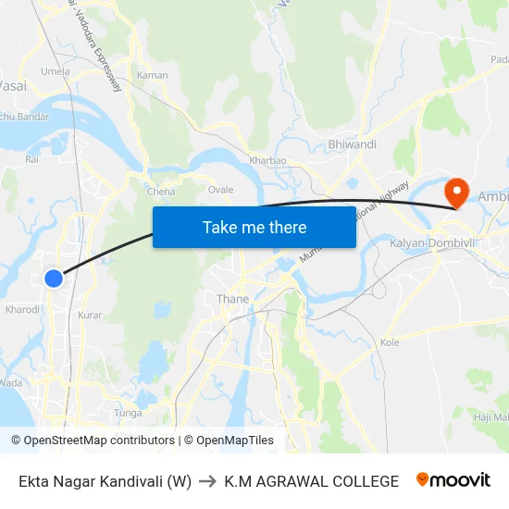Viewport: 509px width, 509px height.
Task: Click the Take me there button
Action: point(254,227)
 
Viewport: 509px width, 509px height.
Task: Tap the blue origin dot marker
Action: point(54,278)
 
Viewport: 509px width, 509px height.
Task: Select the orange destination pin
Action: point(456,192)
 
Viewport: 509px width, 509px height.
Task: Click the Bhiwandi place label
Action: point(353,144)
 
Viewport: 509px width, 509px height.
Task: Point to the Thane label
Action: point(232,299)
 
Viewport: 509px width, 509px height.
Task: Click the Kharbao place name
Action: point(267,160)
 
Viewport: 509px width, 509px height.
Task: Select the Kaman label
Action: point(152,75)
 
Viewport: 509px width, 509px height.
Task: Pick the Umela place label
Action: point(56,71)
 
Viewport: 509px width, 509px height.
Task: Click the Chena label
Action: point(161,192)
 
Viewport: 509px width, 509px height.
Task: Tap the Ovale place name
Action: point(220,189)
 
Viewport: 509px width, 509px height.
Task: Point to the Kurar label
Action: point(91,316)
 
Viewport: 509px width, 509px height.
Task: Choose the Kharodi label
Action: point(22,310)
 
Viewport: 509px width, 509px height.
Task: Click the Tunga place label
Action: point(127,413)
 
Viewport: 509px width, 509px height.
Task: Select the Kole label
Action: point(390,342)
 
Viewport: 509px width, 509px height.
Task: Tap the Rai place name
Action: point(32,159)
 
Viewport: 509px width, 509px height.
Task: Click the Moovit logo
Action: point(453,480)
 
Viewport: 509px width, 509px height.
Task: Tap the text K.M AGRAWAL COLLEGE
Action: point(312,481)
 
